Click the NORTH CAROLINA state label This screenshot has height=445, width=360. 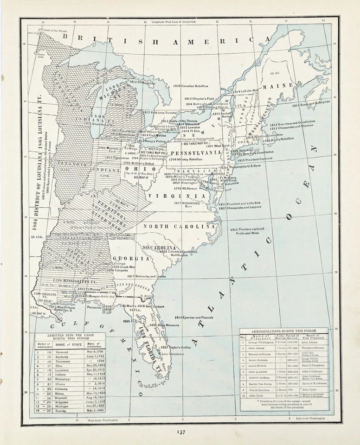click(x=179, y=226)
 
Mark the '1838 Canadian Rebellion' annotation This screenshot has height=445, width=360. click(x=184, y=86)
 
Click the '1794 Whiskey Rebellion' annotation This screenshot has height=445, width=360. click(x=186, y=159)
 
